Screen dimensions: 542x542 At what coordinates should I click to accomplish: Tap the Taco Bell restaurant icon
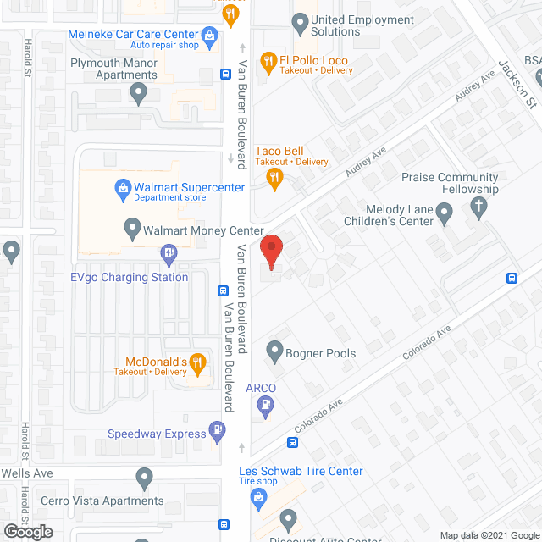[x=274, y=177]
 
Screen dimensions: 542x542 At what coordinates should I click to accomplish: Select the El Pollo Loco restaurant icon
[x=268, y=60]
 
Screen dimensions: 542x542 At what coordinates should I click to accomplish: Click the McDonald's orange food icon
[x=197, y=365]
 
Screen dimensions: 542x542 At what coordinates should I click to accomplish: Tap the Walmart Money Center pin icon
[x=131, y=228]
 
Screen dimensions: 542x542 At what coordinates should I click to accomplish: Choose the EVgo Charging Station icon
[x=168, y=252]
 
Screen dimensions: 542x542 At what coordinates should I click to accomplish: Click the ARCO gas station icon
[x=264, y=405]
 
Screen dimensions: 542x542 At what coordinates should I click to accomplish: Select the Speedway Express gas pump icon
[x=218, y=433]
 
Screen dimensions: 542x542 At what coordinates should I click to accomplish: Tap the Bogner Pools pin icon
[x=274, y=349]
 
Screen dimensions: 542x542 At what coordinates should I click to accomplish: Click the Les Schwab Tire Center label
[x=301, y=471]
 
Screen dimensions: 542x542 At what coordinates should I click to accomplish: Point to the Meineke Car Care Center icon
[x=210, y=35]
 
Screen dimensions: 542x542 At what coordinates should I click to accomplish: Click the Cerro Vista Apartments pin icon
[x=144, y=480]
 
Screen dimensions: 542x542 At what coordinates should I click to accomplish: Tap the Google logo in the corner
[x=27, y=532]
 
